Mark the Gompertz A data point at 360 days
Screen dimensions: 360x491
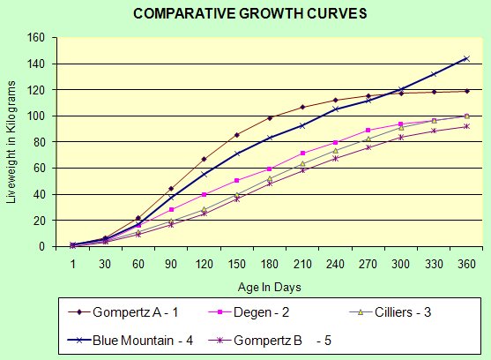pos(465,91)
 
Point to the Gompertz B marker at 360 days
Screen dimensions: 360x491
pos(465,126)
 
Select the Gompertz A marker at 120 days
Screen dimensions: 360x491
pos(204,159)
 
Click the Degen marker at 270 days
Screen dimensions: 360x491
pos(368,131)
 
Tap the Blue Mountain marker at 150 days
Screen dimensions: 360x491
pos(236,154)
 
